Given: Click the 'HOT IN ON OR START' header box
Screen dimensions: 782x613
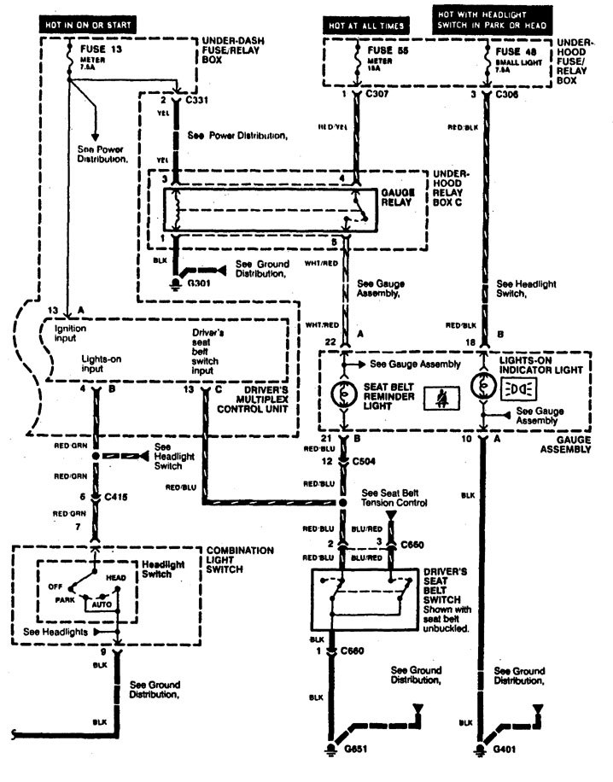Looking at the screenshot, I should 89,25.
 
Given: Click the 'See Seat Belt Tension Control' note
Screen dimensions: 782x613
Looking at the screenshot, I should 396,498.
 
